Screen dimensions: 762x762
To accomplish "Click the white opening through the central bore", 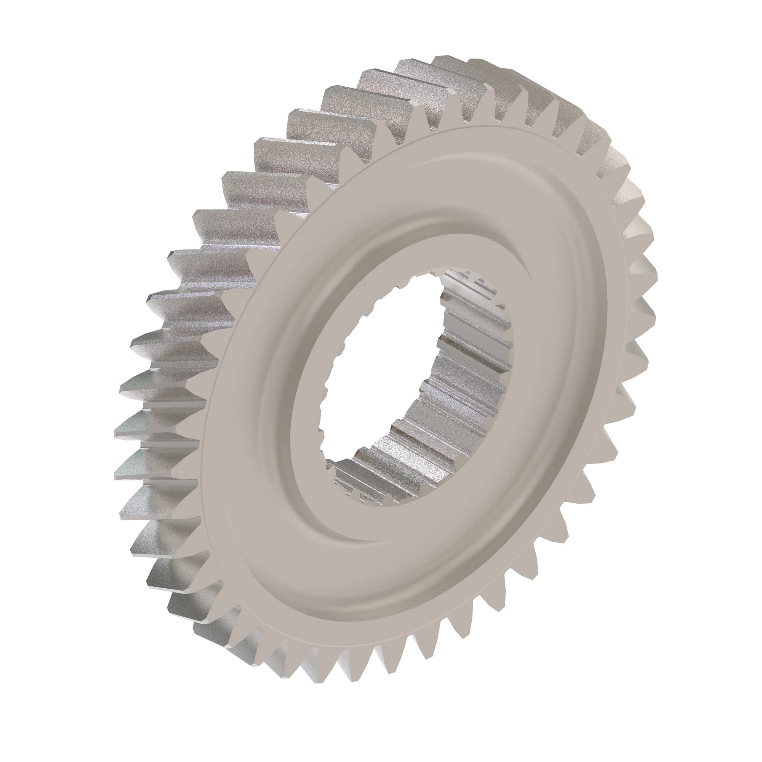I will coord(379,379).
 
